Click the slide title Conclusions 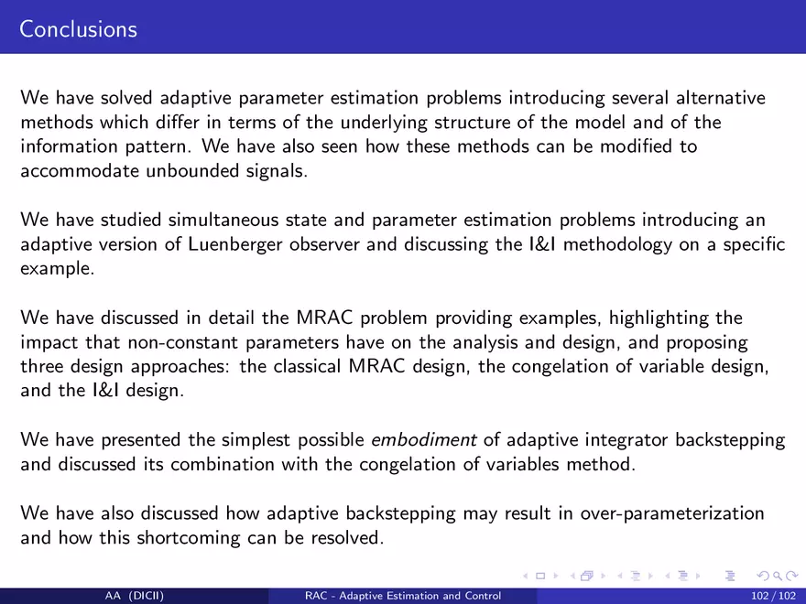78,29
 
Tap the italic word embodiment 424,439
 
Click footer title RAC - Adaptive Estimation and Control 403,597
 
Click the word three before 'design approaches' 43,367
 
